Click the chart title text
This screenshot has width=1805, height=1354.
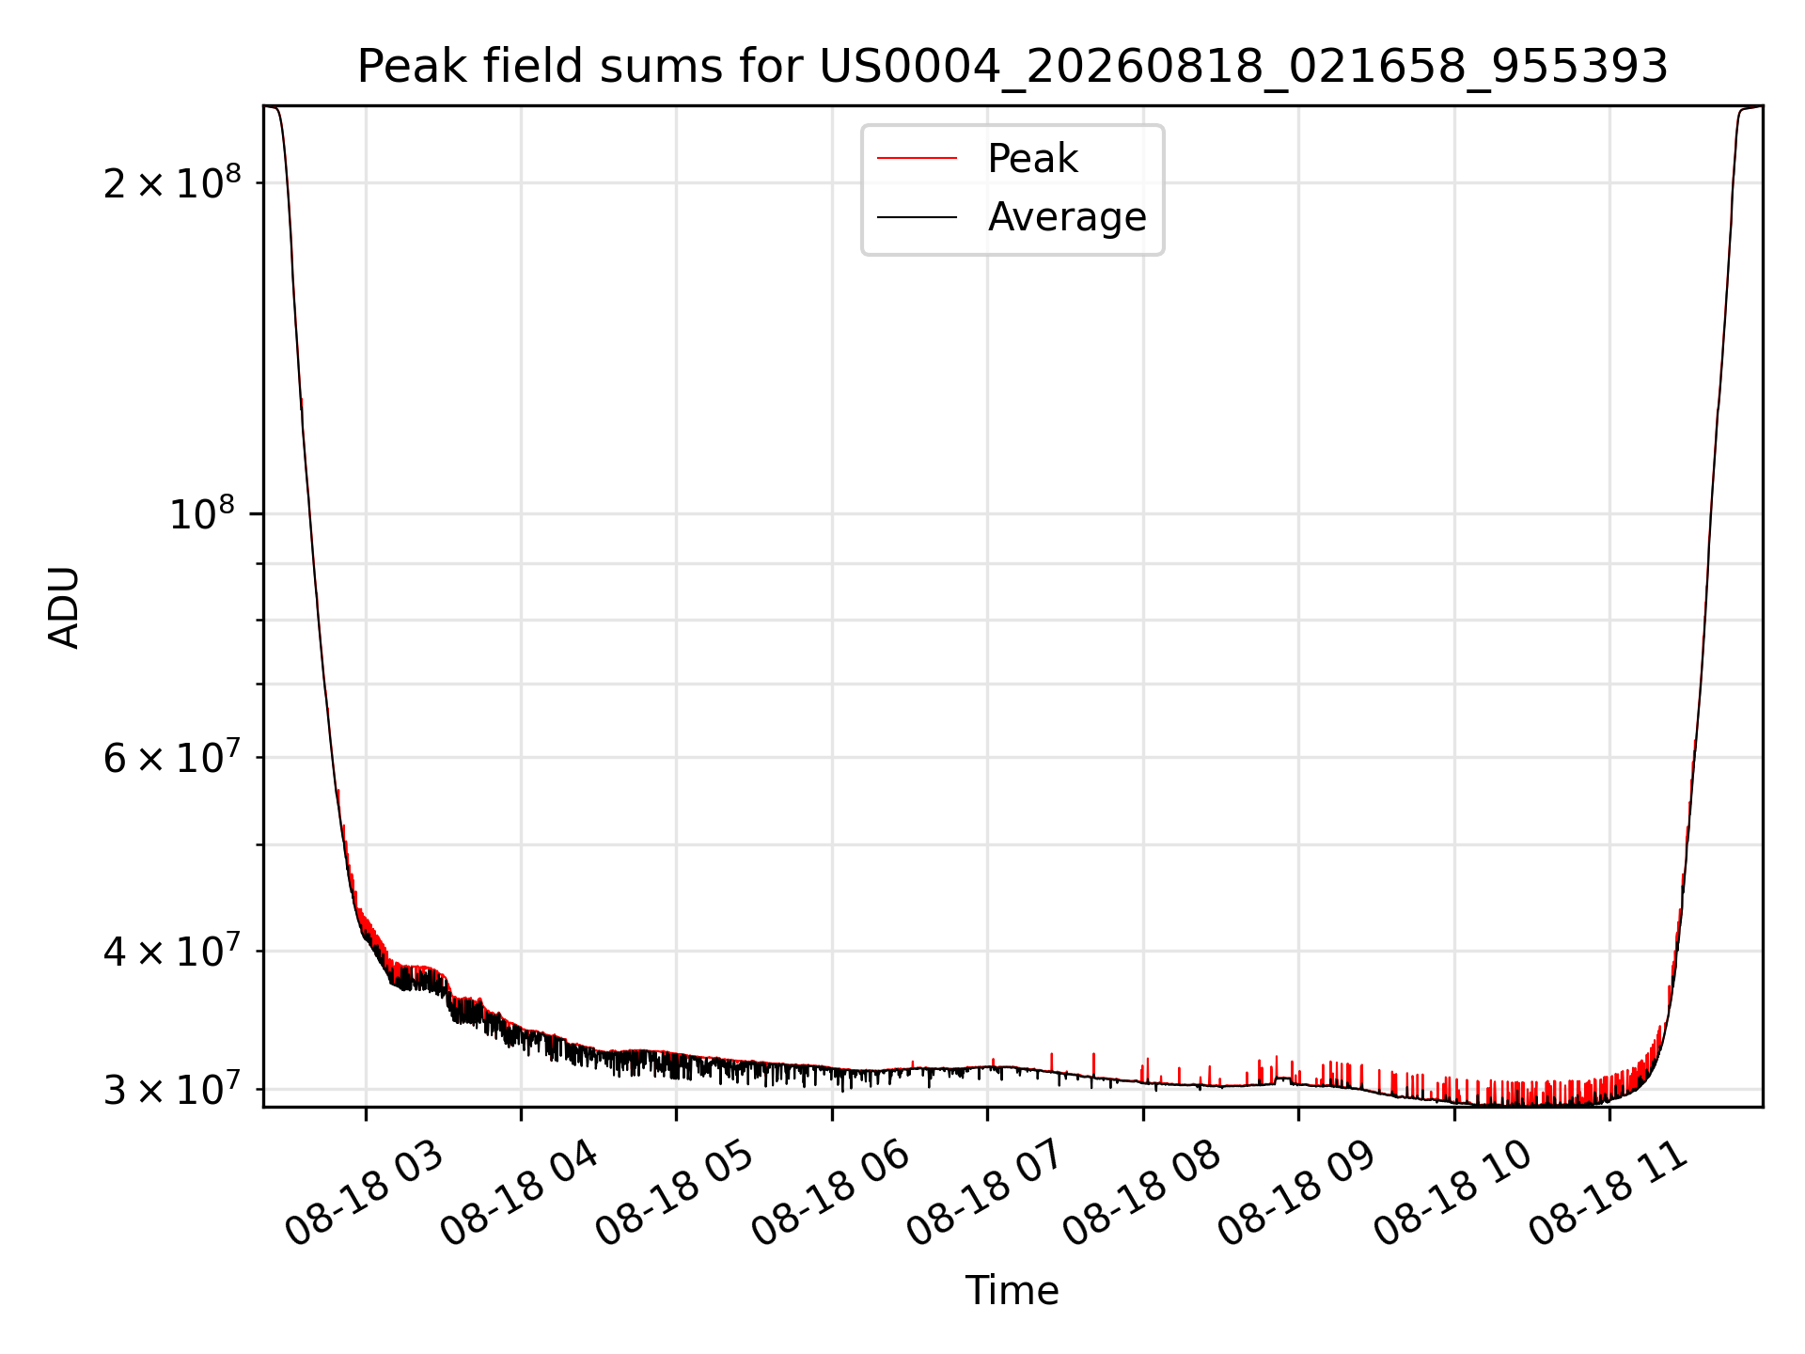click(1012, 67)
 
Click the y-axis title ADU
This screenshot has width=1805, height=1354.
click(64, 607)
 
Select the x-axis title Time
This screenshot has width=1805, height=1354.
click(1012, 1291)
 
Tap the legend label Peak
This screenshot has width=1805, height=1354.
click(1032, 159)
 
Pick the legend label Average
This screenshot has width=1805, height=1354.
click(1067, 217)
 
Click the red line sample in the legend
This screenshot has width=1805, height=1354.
click(917, 159)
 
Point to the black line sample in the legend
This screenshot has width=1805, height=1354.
click(917, 217)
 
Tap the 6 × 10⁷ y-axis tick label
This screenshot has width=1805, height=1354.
click(172, 756)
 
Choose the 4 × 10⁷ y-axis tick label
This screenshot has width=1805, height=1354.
click(172, 950)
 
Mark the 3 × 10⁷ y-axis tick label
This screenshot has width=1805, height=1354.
click(172, 1089)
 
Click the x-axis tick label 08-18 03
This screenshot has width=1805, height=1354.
click(364, 1194)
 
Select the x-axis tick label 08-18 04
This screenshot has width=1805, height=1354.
click(519, 1194)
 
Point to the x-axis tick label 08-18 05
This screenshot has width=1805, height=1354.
click(675, 1194)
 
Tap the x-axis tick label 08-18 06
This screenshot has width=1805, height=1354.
click(830, 1194)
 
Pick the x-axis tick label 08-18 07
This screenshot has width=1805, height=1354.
click(985, 1194)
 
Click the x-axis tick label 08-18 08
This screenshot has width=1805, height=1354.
click(1141, 1194)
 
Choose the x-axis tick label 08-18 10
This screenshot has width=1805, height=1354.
click(1452, 1194)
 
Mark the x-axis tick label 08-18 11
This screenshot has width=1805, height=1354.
click(1608, 1194)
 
